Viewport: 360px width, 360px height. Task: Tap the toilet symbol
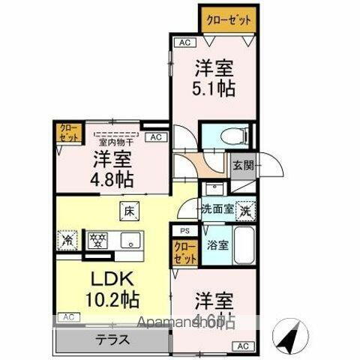pos(224,136)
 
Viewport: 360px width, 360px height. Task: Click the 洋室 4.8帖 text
pos(112,169)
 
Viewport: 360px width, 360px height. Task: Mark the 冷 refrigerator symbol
pos(67,241)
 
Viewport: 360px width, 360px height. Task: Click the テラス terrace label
pos(109,338)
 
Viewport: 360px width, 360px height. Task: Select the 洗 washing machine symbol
pos(244,211)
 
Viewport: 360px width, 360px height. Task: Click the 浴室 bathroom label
pos(218,244)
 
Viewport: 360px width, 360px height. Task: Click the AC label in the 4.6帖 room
pos(241,346)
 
